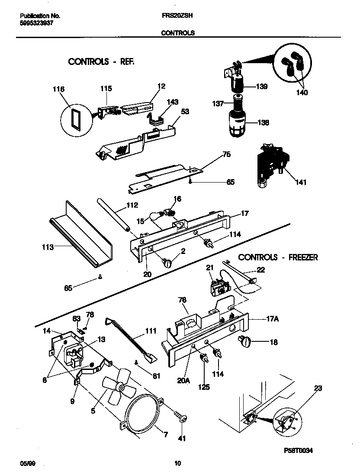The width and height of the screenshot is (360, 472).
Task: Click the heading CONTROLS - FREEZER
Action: [278, 257]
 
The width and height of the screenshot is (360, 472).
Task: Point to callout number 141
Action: [300, 183]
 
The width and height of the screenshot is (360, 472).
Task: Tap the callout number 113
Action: [48, 247]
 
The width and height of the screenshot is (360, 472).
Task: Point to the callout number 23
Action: [318, 389]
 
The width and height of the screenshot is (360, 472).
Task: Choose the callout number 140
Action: [302, 93]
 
